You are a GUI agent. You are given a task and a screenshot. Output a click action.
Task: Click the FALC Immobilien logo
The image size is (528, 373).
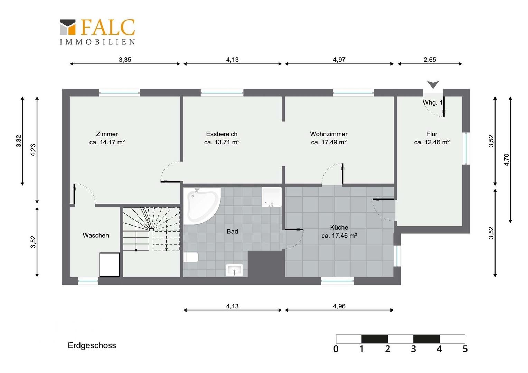point(97,32)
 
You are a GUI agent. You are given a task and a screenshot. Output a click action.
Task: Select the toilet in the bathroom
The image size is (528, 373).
point(191,257)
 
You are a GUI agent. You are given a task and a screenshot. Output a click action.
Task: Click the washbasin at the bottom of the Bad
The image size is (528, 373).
point(234,270)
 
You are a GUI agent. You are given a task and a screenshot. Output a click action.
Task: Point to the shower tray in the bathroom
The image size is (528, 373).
point(271,197)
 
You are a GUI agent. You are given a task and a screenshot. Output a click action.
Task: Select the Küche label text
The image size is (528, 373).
point(339,227)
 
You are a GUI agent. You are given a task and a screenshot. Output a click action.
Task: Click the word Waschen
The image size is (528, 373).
point(96,235)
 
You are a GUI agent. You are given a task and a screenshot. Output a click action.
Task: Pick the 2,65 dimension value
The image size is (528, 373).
point(430,60)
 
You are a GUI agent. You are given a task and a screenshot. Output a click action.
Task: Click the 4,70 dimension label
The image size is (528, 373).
point(507,160)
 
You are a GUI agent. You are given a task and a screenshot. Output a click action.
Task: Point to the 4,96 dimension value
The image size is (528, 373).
point(339,306)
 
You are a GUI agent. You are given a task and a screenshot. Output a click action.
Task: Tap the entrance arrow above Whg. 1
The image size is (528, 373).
point(433,85)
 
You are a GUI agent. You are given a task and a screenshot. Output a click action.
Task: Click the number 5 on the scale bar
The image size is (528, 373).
point(465,349)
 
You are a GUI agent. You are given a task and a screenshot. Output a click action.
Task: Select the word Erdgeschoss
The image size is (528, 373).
point(92,345)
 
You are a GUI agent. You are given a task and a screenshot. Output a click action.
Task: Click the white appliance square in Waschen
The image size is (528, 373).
point(110,265)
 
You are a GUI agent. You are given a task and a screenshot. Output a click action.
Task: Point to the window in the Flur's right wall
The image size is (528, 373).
point(466,149)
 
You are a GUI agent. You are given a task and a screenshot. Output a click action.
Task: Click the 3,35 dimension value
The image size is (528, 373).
point(125,60)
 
